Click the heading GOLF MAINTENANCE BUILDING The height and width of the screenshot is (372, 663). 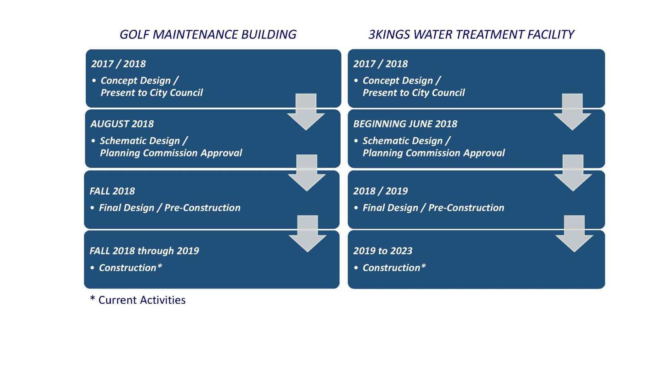[x=208, y=35]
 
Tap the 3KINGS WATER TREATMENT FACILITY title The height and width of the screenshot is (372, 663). [x=471, y=35]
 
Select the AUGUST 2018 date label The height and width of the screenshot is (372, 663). [x=122, y=124]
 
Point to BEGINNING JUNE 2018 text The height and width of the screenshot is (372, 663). [x=405, y=124]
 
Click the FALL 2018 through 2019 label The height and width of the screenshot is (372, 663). [x=144, y=251]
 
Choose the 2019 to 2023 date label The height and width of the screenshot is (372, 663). [x=383, y=251]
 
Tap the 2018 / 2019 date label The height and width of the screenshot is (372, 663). [x=380, y=191]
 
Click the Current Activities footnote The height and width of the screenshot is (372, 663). [x=138, y=300]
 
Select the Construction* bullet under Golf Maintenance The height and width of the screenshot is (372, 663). [x=130, y=268]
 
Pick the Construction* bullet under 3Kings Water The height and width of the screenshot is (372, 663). [x=394, y=268]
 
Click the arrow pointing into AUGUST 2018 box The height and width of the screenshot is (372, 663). [x=306, y=112]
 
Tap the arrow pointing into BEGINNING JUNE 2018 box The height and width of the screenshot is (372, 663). [x=572, y=112]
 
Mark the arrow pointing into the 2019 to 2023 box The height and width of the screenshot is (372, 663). [x=574, y=234]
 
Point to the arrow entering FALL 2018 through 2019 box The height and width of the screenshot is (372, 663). [x=307, y=234]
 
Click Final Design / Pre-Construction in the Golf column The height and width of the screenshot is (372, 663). [x=169, y=208]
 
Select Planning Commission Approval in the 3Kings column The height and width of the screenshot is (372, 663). [x=433, y=153]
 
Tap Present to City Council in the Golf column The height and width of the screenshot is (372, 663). [x=152, y=93]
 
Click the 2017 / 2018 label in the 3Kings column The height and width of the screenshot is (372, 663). [x=380, y=64]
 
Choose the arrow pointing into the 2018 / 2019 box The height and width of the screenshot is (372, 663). [x=573, y=173]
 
